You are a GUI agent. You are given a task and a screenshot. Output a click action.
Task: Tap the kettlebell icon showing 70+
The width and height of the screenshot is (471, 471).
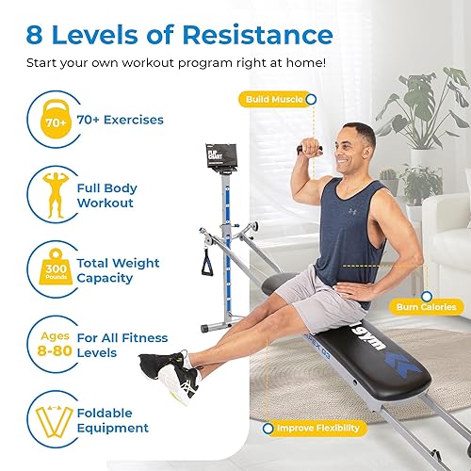pyautogui.click(x=55, y=121)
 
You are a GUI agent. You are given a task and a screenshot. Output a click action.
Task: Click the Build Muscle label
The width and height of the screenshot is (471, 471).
pyautogui.click(x=272, y=98)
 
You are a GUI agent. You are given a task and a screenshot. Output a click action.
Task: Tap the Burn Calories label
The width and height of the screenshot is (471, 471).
pyautogui.click(x=425, y=307)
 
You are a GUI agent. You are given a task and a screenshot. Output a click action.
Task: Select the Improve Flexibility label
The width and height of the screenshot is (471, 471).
pyautogui.click(x=317, y=429)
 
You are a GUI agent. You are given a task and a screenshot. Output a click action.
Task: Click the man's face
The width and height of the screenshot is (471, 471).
pyautogui.click(x=336, y=150)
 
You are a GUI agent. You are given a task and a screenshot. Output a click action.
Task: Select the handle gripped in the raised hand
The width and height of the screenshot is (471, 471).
pyautogui.click(x=308, y=148)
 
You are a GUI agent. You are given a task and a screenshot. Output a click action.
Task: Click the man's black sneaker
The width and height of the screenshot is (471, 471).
pyautogui.click(x=155, y=363)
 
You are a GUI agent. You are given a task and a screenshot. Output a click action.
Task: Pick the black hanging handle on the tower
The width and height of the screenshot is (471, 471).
pyautogui.click(x=208, y=262)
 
